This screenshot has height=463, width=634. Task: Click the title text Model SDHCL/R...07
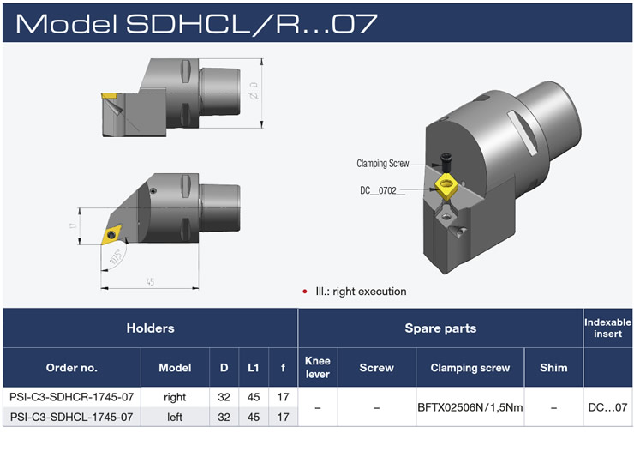click(x=196, y=22)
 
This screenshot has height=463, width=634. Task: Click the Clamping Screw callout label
click(x=382, y=163)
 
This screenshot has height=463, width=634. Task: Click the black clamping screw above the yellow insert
click(x=446, y=160)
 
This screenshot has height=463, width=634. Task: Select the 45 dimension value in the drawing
click(x=150, y=281)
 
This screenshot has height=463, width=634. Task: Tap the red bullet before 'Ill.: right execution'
click(x=304, y=292)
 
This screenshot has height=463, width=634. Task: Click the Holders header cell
click(x=150, y=328)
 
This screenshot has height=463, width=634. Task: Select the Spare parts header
click(x=440, y=328)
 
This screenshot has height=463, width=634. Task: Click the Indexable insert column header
click(x=607, y=328)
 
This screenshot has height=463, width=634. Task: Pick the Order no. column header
click(x=71, y=367)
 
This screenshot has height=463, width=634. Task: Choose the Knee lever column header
click(x=317, y=367)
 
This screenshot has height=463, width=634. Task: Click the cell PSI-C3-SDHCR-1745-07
click(x=71, y=397)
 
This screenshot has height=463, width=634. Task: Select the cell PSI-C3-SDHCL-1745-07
click(x=71, y=417)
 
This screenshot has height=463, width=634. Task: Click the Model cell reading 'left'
click(x=175, y=417)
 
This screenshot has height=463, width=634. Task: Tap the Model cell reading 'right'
click(x=175, y=397)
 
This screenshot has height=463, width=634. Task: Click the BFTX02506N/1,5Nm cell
click(x=470, y=407)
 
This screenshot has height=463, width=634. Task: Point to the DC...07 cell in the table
click(x=607, y=407)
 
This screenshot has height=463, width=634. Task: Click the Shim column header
click(x=553, y=367)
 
